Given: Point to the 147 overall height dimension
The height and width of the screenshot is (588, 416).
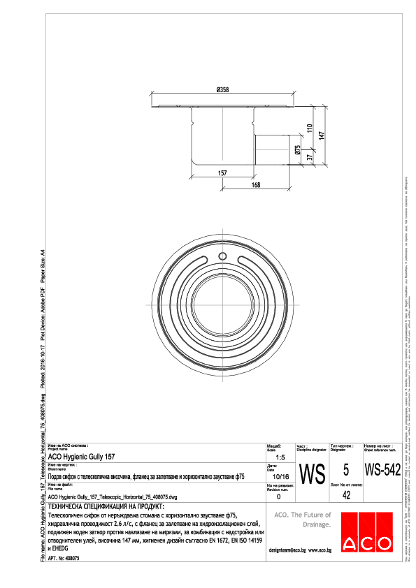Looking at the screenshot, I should tap(322, 137).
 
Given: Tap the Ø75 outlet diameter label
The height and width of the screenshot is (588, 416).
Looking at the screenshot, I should tap(297, 149).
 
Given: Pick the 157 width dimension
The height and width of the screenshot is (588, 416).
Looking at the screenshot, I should tap(223, 172).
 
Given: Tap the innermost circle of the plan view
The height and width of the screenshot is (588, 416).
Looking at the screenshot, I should tap(223, 297).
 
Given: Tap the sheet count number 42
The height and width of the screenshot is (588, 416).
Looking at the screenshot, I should tap(346, 495).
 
